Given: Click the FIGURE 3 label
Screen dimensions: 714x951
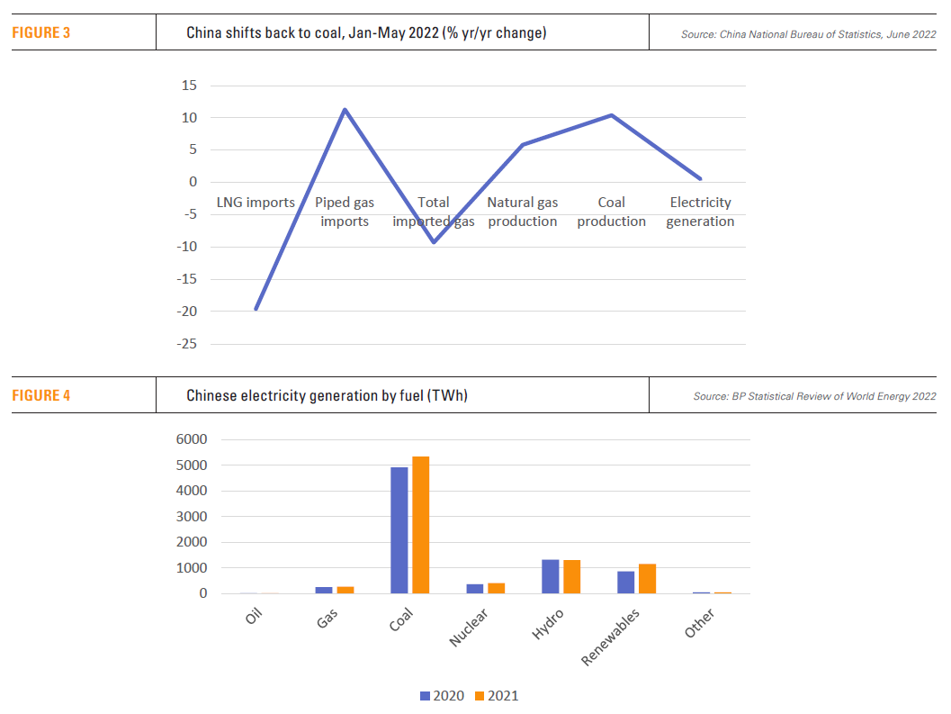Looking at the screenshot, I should [40, 33].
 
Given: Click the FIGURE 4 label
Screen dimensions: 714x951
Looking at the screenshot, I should [40, 395].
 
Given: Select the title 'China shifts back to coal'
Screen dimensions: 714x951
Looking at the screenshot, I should [366, 33].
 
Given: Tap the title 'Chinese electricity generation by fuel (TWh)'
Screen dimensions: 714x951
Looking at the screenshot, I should [327, 395].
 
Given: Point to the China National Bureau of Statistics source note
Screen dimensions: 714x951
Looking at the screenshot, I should [808, 34].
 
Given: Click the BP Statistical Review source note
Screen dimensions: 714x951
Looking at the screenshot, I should [814, 396].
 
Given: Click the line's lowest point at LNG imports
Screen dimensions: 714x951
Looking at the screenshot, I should [256, 309].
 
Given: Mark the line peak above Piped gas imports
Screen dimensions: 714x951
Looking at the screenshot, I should [345, 110].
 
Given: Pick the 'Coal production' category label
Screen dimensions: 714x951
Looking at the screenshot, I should [611, 212].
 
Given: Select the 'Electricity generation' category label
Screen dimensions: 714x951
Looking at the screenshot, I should [700, 212].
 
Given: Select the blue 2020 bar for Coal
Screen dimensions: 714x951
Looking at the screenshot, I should [399, 530].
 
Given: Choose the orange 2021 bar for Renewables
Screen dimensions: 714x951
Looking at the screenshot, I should [648, 579].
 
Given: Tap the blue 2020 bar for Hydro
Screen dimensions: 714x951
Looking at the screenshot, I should [551, 576].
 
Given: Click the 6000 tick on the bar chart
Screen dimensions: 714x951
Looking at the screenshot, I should [190, 439].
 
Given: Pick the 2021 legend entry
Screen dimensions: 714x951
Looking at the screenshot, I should [497, 696].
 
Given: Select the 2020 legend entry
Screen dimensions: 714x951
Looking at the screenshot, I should [443, 696].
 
